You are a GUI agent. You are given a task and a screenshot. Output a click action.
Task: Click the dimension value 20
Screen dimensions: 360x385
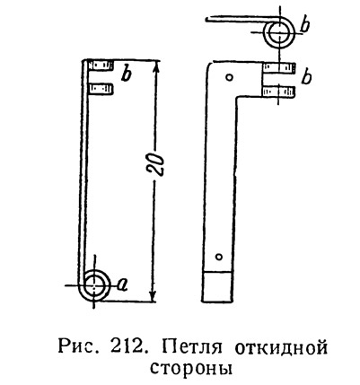click(156, 165)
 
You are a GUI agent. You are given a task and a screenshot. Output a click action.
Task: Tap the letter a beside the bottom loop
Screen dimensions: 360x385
click(122, 284)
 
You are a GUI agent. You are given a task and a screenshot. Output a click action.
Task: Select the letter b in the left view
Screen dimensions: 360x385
click(126, 74)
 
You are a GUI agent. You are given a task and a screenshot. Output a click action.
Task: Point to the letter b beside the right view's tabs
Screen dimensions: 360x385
click(307, 78)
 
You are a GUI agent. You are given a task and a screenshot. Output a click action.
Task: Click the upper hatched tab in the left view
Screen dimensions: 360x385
click(101, 66)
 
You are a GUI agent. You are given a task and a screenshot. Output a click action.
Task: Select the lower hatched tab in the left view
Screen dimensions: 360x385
click(101, 89)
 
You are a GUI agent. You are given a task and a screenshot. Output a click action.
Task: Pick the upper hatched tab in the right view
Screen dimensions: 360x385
click(278, 68)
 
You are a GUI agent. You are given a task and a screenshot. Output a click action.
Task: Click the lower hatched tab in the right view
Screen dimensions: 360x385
click(278, 92)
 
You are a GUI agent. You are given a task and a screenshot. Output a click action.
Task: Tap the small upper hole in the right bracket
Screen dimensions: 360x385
click(230, 77)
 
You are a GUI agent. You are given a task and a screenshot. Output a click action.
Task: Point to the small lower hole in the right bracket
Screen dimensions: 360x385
click(219, 257)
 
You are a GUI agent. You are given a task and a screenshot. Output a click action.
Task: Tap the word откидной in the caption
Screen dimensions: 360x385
click(281, 348)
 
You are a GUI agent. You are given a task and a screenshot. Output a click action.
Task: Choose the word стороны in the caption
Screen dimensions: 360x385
click(191, 368)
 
